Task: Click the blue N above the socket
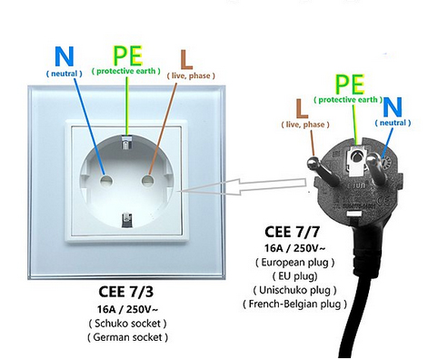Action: [65, 56]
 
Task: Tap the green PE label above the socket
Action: [127, 55]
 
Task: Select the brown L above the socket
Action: [186, 59]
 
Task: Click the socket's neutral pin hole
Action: [106, 181]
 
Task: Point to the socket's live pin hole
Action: [147, 181]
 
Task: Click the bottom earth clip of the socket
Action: [127, 220]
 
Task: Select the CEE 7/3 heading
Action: [125, 292]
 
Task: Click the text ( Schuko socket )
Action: [127, 324]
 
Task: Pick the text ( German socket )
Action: [127, 337]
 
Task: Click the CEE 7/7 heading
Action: [292, 232]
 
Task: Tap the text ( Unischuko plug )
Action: [294, 290]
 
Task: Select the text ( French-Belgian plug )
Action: [294, 304]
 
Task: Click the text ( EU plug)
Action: [294, 276]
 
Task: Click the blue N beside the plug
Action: [393, 107]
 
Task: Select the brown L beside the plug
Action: [302, 108]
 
